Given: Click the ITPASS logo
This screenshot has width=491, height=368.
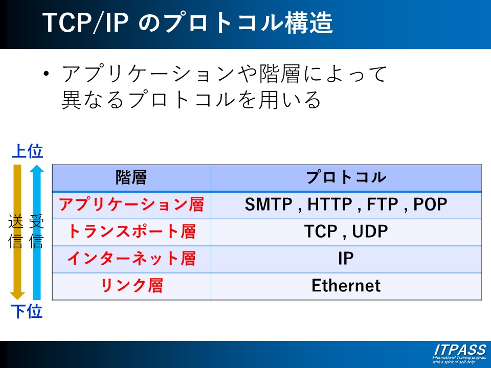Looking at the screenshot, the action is coord(459,354).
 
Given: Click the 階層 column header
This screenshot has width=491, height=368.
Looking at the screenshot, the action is coord(131,177).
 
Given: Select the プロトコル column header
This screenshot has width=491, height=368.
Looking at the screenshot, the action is coord(346,177).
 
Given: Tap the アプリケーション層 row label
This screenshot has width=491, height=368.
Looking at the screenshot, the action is coord(131,204).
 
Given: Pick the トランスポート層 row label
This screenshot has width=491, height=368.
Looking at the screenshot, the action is coord(131,232).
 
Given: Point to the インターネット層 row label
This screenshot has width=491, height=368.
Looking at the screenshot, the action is coord(131,259).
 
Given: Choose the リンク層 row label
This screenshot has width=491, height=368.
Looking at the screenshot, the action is coord(131,286).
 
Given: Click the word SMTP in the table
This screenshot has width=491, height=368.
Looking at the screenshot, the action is coord(269,204).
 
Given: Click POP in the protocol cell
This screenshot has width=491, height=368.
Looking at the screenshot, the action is coord(430,204).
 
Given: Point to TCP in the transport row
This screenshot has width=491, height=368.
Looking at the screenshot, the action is coord(321,232).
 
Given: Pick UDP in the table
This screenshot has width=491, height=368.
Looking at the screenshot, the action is coord(370,232).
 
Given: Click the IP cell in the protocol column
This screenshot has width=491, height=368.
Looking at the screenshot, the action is coord(346,259).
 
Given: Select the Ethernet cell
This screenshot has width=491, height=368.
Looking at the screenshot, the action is coord(346,286).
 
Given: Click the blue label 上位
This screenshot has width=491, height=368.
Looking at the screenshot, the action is coord(27,151).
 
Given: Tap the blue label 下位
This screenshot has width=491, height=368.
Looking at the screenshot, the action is coord(27,311).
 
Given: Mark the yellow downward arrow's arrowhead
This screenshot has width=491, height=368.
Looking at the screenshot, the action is coord(17,295).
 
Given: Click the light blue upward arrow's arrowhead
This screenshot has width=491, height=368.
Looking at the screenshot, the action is coord(37,169).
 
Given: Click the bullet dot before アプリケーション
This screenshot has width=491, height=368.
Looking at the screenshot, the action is coord(47,74).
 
